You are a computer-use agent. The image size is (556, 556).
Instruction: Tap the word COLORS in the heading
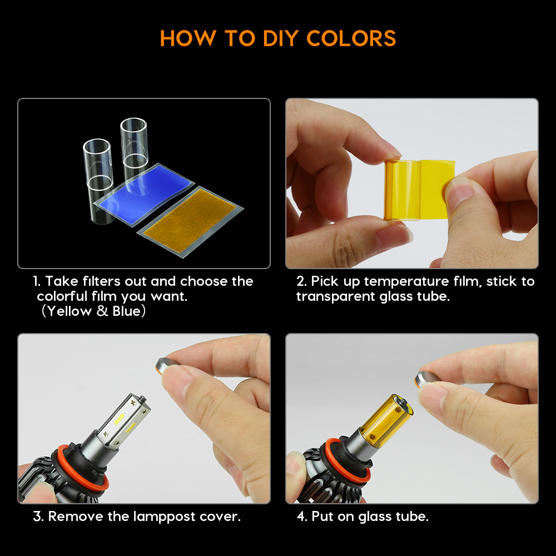click(351, 38)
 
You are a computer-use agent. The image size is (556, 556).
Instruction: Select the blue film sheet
click(145, 195)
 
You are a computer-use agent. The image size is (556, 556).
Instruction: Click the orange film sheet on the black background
click(190, 222)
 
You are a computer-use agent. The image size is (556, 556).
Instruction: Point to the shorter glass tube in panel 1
click(98, 181)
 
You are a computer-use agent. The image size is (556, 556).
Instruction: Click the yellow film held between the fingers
click(419, 190)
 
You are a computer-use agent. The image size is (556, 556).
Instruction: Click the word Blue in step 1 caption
click(127, 311)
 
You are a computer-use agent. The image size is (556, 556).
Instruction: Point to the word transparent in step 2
click(336, 296)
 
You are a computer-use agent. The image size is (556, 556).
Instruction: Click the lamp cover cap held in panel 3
click(166, 366)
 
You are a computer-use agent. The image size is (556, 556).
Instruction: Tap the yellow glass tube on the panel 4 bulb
click(386, 419)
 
